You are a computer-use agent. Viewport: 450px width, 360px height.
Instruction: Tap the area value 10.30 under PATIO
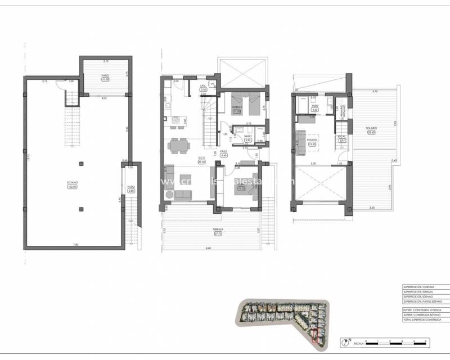[x=105, y=79]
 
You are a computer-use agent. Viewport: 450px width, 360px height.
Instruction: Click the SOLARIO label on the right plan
[x=371, y=128]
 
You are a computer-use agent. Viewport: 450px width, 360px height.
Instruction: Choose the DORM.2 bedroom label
[x=237, y=106]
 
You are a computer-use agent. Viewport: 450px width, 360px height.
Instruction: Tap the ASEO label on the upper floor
[x=315, y=106]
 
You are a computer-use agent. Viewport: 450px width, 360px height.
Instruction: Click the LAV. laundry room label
[x=204, y=87]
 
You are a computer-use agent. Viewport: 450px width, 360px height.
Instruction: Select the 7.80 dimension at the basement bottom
[x=75, y=244]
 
